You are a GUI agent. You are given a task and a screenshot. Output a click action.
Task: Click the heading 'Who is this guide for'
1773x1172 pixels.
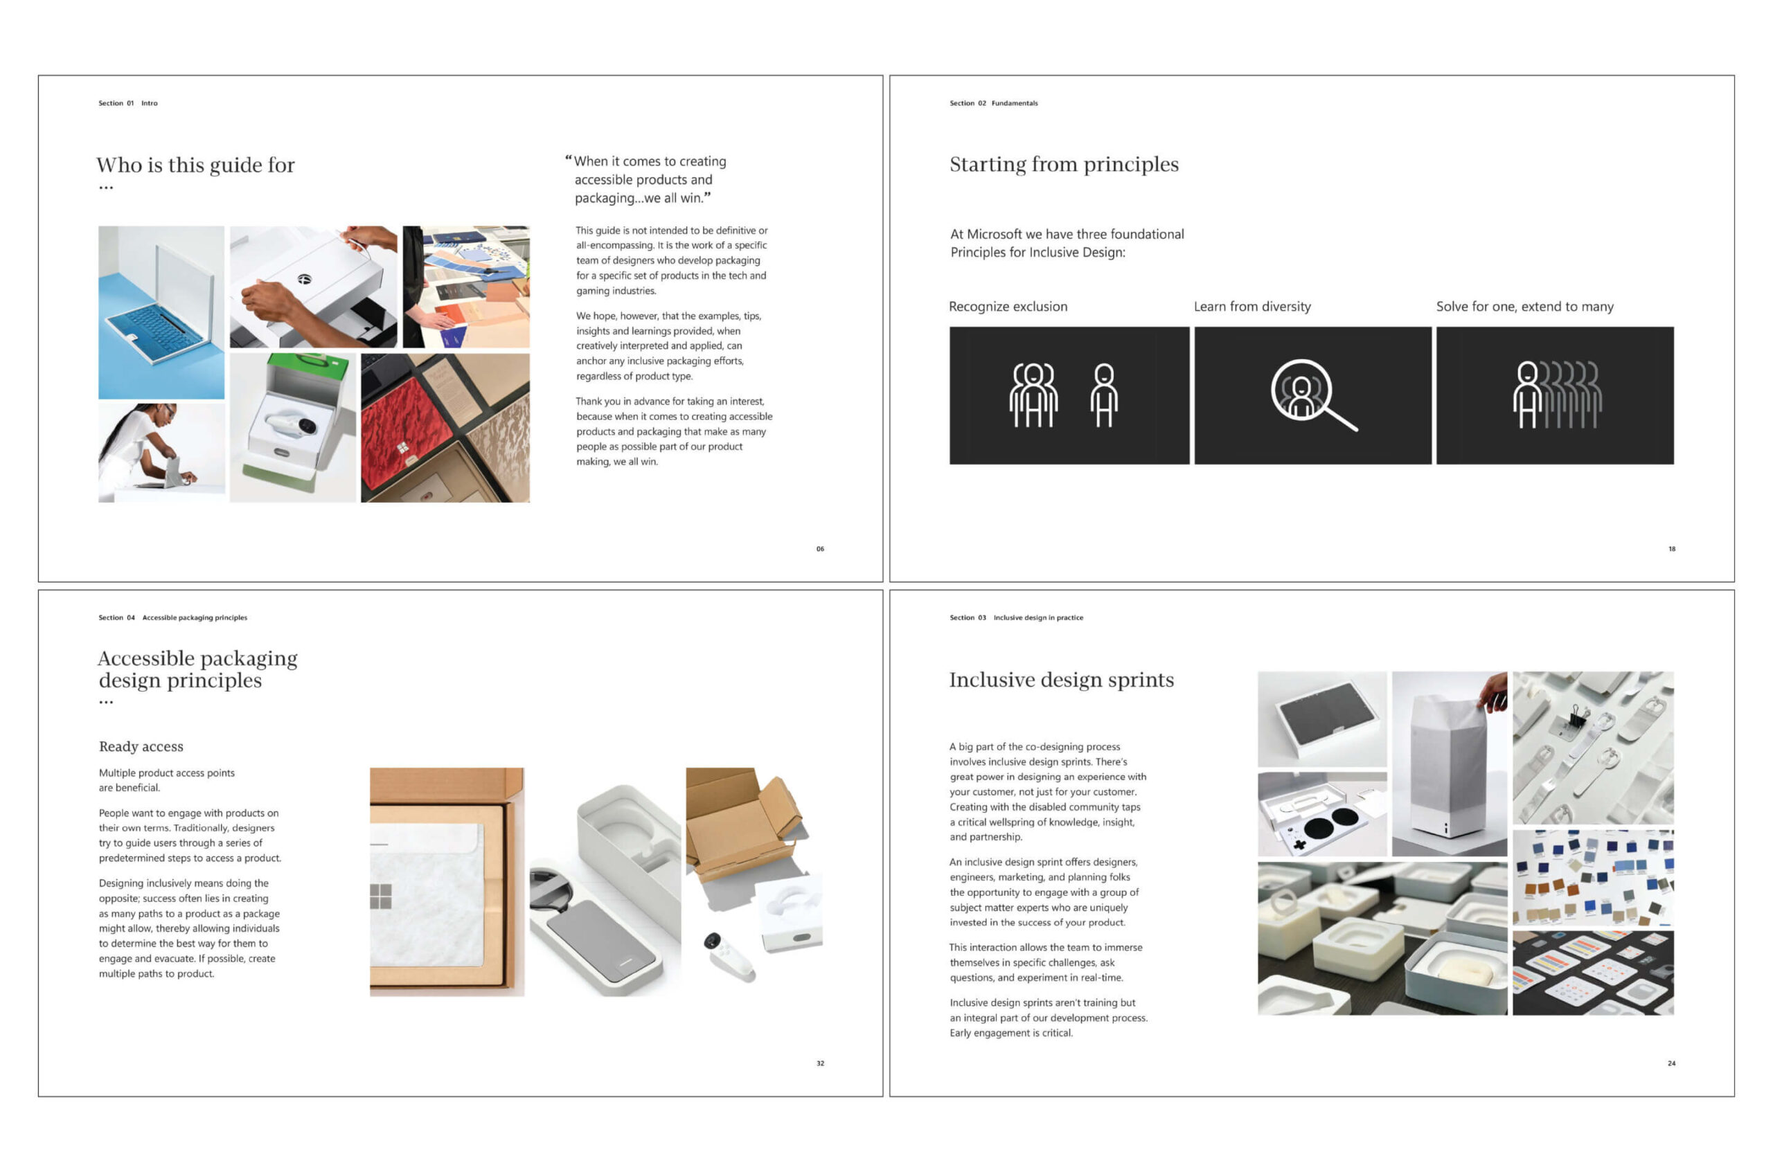[x=195, y=165]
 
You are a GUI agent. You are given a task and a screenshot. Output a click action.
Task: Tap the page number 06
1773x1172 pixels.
[x=819, y=549]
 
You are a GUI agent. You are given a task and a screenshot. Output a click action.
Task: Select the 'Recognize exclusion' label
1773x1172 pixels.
[x=1007, y=307]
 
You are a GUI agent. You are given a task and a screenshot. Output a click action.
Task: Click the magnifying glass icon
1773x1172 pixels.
[x=1313, y=395]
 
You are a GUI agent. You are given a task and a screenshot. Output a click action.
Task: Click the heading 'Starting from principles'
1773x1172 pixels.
[x=1063, y=165]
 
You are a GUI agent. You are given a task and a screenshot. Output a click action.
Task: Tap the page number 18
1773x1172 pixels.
[x=1671, y=549]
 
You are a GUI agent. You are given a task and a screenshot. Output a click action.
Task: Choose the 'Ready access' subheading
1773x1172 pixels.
[x=141, y=746]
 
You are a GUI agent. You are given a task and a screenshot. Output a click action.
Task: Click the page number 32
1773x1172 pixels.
[x=819, y=1063]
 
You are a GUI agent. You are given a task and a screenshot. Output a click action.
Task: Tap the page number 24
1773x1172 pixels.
[x=1671, y=1063]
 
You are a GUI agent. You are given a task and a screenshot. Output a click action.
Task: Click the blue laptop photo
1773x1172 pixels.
[x=161, y=312]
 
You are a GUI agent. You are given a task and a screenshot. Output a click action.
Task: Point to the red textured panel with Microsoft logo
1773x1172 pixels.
[x=406, y=428]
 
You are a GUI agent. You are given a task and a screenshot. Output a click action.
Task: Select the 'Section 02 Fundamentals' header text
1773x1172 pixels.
[x=993, y=103]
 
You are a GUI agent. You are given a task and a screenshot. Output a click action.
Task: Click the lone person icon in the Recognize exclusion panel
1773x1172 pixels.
[x=1104, y=395]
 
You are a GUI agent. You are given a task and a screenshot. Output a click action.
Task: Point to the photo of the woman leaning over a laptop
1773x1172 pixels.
[x=161, y=453]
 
